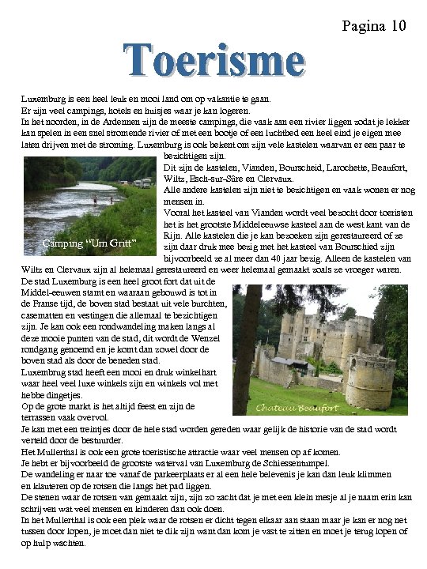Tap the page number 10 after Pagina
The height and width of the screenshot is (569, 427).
click(x=398, y=27)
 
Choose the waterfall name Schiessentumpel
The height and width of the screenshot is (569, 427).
click(x=293, y=463)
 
